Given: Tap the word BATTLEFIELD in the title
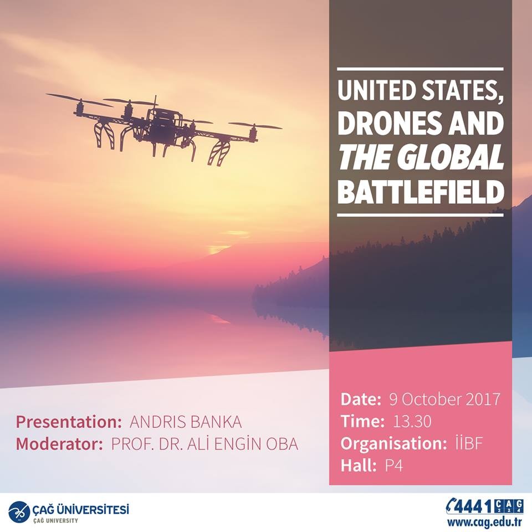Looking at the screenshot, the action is [x=421, y=192].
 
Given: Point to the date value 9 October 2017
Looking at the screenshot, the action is [x=444, y=400].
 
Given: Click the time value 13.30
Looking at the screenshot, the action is [x=412, y=421].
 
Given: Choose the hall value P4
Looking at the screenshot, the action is [x=393, y=465].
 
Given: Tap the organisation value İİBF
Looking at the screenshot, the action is [x=469, y=443].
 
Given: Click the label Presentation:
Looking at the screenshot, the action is [x=69, y=422].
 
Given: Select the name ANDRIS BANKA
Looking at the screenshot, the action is [x=186, y=422].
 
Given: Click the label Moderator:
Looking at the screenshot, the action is [x=59, y=444].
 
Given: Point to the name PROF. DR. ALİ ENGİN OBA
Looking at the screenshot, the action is [x=204, y=444].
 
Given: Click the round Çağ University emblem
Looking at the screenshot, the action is [x=19, y=510].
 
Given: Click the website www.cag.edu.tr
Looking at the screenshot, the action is [x=484, y=521].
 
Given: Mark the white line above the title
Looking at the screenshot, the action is [x=420, y=69].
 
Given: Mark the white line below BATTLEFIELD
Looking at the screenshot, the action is [x=420, y=215].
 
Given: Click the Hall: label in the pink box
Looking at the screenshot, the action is [x=359, y=465].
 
